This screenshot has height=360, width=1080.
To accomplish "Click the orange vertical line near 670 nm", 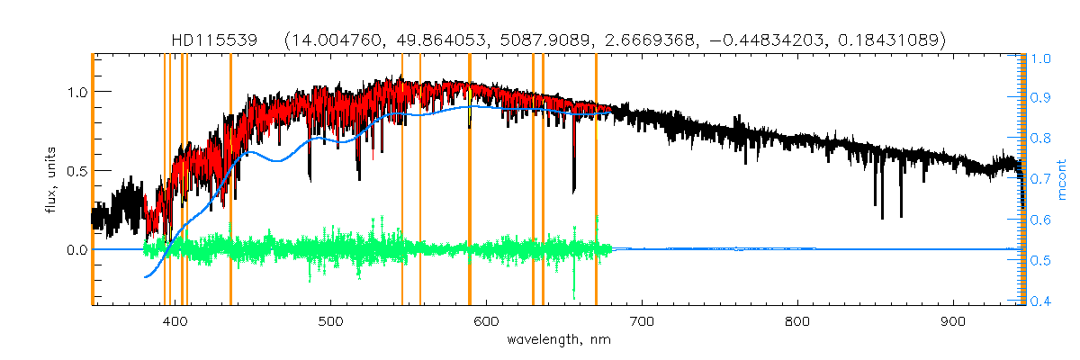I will click(x=596, y=180).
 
